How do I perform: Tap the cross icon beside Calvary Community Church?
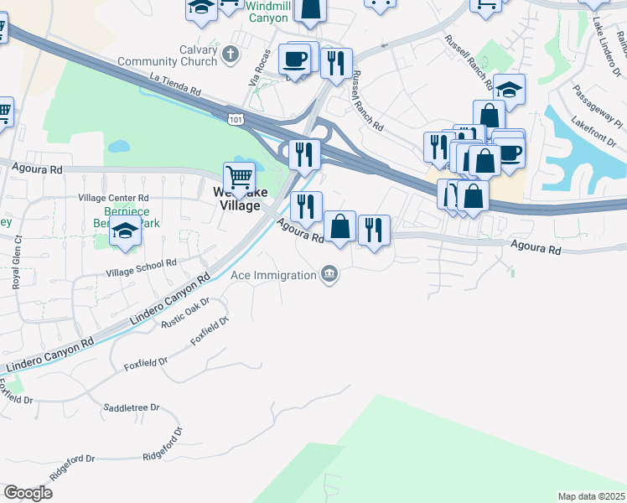232,54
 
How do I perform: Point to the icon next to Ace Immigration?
330,274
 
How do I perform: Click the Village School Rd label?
142,267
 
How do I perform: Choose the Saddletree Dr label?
131,407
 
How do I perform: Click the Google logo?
28,493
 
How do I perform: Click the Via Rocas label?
256,73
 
